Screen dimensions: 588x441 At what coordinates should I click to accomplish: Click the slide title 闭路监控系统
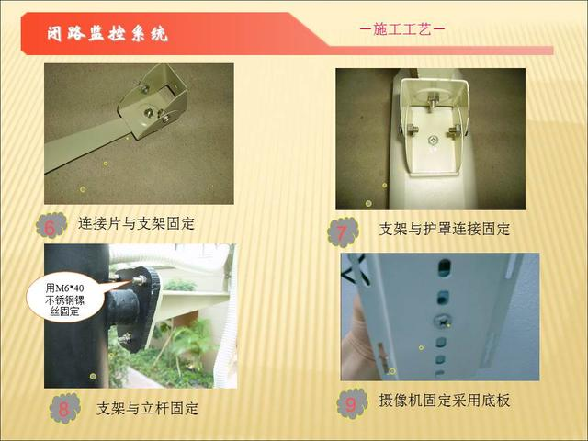pyautogui.click(x=107, y=34)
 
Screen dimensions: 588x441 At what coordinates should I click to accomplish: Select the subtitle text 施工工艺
pyautogui.click(x=402, y=28)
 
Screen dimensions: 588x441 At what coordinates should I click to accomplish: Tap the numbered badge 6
pyautogui.click(x=51, y=225)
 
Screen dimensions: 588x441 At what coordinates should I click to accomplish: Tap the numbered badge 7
pyautogui.click(x=343, y=232)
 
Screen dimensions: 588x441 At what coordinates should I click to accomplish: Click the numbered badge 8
pyautogui.click(x=64, y=408)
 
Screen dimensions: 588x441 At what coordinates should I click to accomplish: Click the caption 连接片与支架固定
pyautogui.click(x=137, y=224)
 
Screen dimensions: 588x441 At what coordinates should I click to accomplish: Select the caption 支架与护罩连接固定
pyautogui.click(x=445, y=229)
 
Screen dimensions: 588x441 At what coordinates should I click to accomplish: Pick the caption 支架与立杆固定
pyautogui.click(x=147, y=408)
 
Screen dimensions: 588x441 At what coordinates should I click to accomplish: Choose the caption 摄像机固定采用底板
pyautogui.click(x=445, y=401)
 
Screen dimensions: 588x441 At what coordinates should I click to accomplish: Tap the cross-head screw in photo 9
pyautogui.click(x=442, y=322)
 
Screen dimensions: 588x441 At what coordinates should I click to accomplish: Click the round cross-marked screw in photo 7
pyautogui.click(x=433, y=141)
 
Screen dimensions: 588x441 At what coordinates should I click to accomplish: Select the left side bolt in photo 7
pyautogui.click(x=411, y=130)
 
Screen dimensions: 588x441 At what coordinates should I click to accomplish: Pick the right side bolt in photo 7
pyautogui.click(x=455, y=131)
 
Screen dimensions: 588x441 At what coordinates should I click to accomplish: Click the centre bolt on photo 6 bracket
pyautogui.click(x=148, y=111)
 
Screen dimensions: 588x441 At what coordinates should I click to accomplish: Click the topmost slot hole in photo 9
pyautogui.click(x=445, y=269)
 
